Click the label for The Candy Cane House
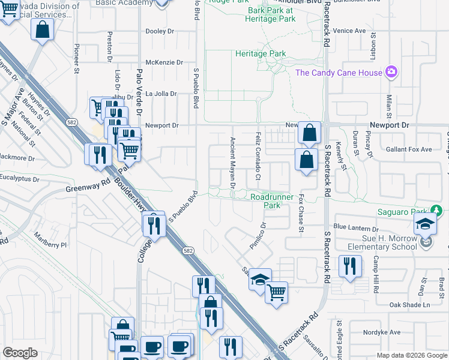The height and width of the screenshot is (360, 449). tap(339, 73)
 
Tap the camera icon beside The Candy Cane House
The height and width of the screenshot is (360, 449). tap(391, 73)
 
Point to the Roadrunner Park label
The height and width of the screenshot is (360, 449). tap(265, 200)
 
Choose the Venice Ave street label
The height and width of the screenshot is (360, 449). tap(350, 31)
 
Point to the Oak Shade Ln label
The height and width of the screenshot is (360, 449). tap(410, 305)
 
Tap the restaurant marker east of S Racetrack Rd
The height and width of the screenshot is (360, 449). tap(350, 266)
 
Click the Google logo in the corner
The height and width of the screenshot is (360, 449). tap(20, 353)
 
